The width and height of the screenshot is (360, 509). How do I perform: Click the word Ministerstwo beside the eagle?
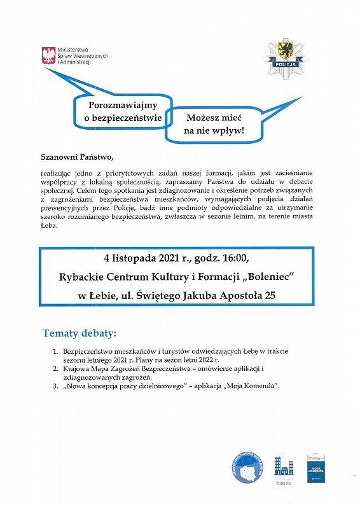[73, 49]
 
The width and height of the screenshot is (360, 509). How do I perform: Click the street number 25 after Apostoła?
[270, 295]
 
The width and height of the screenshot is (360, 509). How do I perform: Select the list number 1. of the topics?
[56, 351]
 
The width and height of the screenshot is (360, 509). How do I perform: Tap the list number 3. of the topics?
[56, 386]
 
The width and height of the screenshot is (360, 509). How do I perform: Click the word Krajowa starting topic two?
[78, 368]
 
